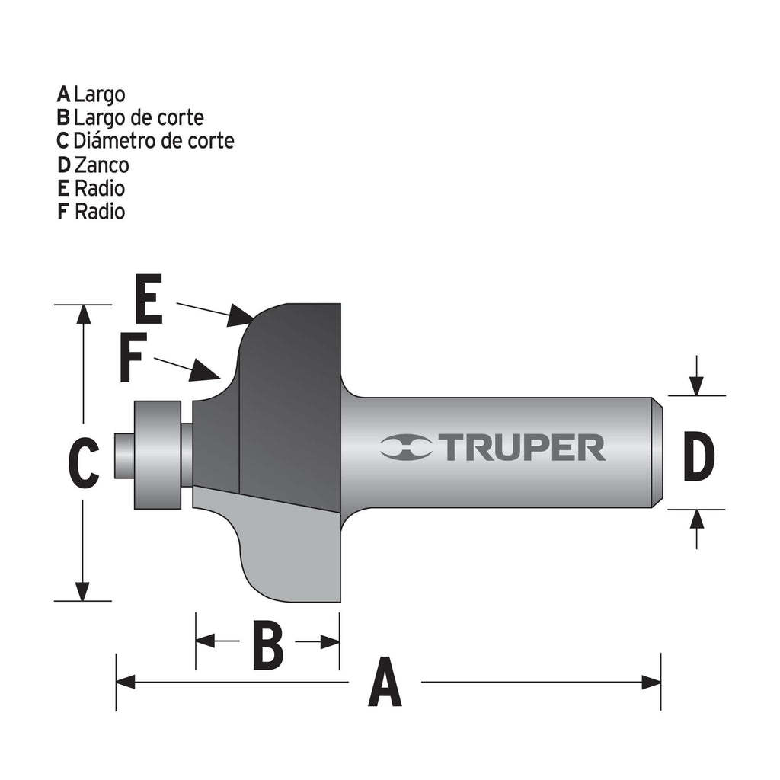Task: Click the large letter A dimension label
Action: pos(385,683)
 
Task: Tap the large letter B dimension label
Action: pos(267,644)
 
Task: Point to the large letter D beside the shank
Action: pos(698,457)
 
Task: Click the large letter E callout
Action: pos(149,301)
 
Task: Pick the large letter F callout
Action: pos(133,361)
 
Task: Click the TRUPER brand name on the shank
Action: pos(523,448)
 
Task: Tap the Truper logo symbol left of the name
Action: pos(406,448)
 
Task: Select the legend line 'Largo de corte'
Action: pos(130,117)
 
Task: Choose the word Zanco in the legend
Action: pos(101,165)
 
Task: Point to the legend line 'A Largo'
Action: pos(91,94)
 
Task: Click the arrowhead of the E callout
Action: pos(242,315)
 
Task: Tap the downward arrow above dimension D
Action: pos(696,385)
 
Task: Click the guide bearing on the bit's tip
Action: pos(158,455)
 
